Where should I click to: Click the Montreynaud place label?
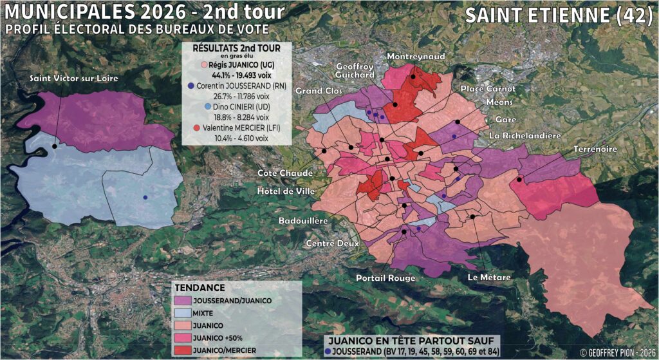tap(416, 57)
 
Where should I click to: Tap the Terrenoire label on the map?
tap(595, 149)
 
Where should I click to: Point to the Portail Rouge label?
tap(385, 278)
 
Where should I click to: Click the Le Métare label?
tap(490, 278)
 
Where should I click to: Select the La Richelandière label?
tap(525, 136)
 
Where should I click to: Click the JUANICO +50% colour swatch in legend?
tap(187, 337)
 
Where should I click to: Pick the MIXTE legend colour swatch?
tap(187, 312)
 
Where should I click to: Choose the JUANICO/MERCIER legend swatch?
tap(187, 349)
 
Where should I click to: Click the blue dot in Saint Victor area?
tap(145, 197)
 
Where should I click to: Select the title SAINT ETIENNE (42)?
tap(558, 15)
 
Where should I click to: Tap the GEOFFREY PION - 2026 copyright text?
tap(617, 353)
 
